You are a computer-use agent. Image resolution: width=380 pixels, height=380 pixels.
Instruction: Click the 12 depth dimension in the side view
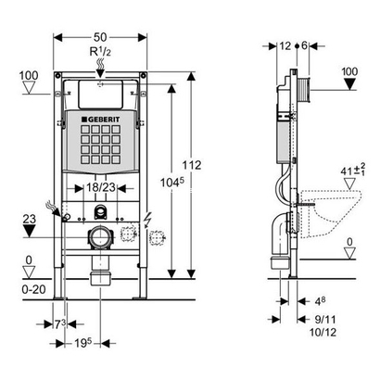coord(283,44)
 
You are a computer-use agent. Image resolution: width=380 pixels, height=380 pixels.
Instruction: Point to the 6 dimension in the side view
coord(305,44)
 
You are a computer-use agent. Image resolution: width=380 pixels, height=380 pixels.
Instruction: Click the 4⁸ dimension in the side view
coord(318,300)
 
